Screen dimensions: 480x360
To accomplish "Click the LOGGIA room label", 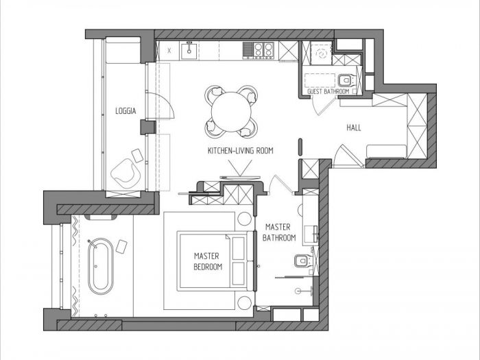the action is tap(125, 111).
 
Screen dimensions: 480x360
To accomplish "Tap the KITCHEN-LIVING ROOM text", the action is tap(240, 151).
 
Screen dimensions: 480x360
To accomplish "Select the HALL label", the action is tap(354, 128).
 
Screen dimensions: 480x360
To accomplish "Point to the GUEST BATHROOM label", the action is tap(328, 91).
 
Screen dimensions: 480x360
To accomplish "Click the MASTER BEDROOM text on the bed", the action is tap(208, 261).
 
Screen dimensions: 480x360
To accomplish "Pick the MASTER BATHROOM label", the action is tap(279, 232).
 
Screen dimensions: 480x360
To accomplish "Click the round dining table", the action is tap(231, 112).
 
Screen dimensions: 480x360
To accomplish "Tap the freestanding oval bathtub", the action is tap(100, 266).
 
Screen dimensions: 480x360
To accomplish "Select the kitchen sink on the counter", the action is tap(189, 51).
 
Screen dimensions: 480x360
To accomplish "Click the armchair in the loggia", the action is tap(125, 173).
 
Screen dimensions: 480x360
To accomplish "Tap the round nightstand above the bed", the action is tap(244, 219).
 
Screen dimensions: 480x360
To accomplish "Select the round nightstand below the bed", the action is tap(244, 303).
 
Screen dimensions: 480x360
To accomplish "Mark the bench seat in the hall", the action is tap(386, 152).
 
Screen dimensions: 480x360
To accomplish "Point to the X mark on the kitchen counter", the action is tap(169, 51).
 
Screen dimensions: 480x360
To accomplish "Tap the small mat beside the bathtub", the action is tap(121, 246).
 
